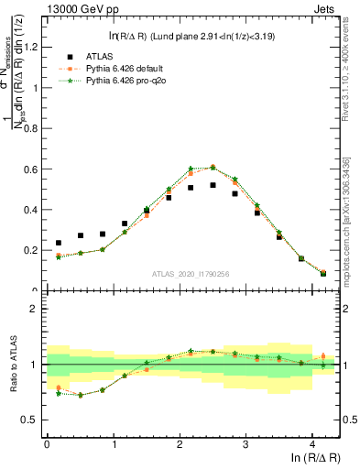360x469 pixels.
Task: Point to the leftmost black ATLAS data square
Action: pyautogui.click(x=59, y=244)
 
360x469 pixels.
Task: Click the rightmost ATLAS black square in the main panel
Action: pyautogui.click(x=323, y=273)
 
